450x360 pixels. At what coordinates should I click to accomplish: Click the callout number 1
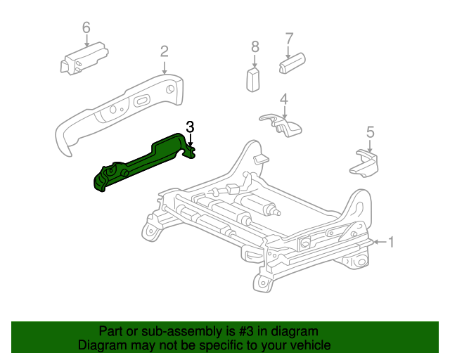coord(392,243)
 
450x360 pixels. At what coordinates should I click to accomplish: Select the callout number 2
coord(164,51)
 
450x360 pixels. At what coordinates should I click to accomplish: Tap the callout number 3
coord(190,127)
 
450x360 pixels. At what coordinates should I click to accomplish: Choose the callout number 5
coord(370,131)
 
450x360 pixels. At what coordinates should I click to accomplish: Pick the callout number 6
coord(86,27)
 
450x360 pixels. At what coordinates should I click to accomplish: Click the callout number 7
coord(288,38)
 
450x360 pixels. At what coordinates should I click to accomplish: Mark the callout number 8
coord(255,46)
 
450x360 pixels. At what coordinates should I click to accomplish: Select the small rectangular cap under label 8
coord(254,79)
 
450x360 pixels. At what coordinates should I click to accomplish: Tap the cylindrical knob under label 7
coord(291,65)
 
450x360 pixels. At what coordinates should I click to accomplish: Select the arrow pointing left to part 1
coord(378,243)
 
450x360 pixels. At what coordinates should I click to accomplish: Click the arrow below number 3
coord(190,141)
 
